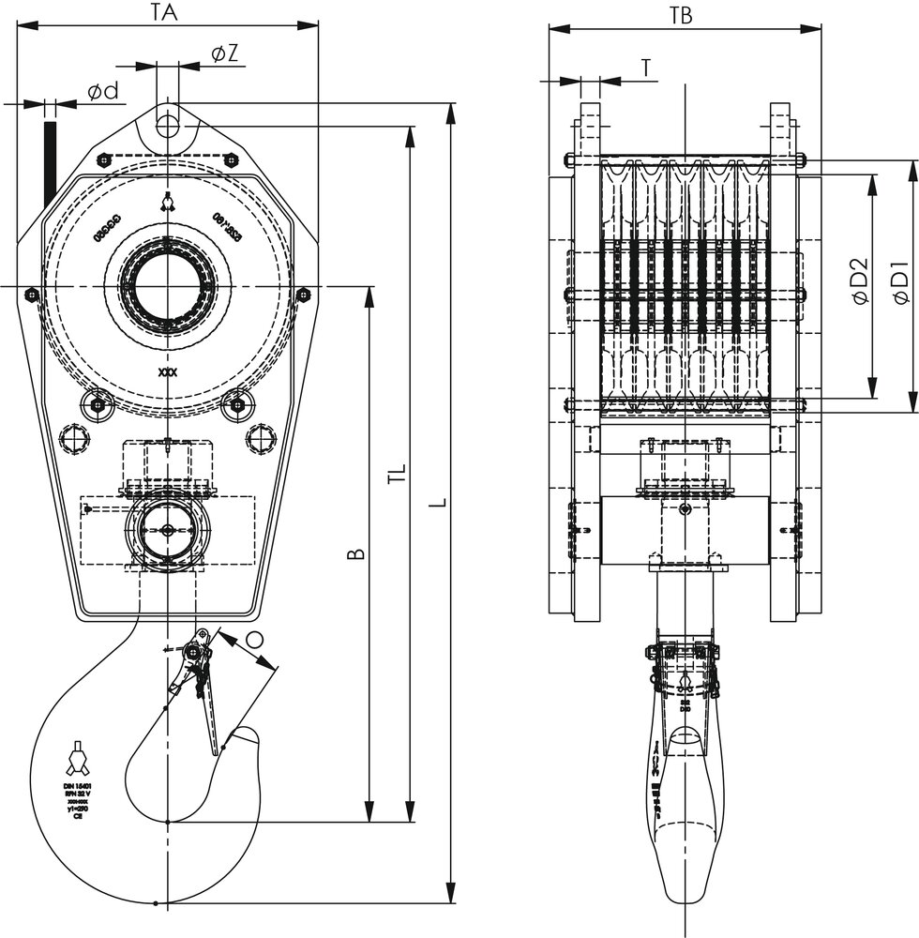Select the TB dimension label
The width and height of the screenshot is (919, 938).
coord(682,15)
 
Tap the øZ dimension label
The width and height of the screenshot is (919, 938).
coord(223,54)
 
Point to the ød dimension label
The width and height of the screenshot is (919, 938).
coord(102,91)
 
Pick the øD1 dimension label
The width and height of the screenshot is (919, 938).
coord(901,283)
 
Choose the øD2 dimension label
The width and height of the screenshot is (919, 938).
coord(860,283)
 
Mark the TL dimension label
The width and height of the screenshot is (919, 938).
coord(397,474)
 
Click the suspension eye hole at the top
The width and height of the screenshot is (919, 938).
coord(167,124)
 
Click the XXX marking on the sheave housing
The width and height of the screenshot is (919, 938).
coord(167,372)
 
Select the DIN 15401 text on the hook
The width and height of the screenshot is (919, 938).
coord(77,784)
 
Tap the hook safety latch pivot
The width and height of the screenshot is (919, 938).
coord(195,651)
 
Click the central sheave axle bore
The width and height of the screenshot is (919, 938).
coord(167,285)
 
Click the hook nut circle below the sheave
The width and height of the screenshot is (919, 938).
coord(167,530)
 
